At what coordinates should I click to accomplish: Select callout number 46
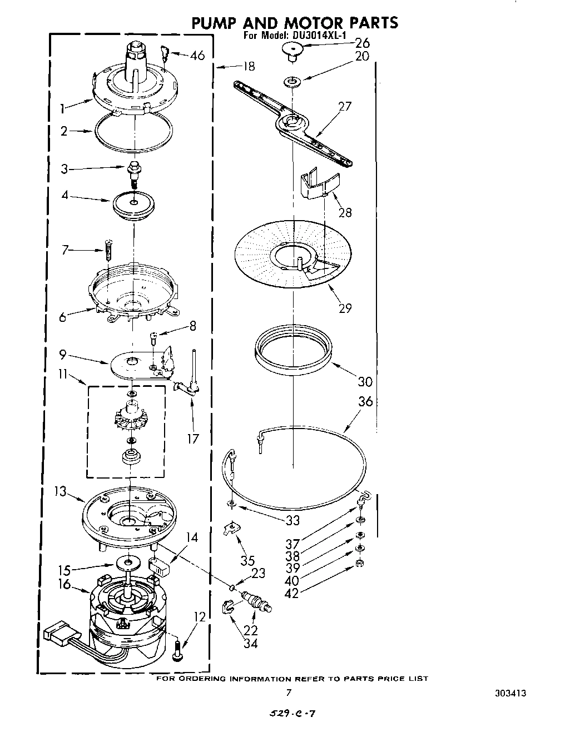(197, 55)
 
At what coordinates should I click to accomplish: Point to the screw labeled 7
(108, 249)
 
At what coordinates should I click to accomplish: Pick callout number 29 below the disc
(345, 307)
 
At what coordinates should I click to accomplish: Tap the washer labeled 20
(292, 82)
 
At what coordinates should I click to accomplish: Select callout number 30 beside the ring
(365, 382)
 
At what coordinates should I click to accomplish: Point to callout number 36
(365, 401)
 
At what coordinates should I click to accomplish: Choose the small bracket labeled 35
(230, 529)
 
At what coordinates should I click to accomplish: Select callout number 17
(193, 439)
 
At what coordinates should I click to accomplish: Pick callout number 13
(60, 491)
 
